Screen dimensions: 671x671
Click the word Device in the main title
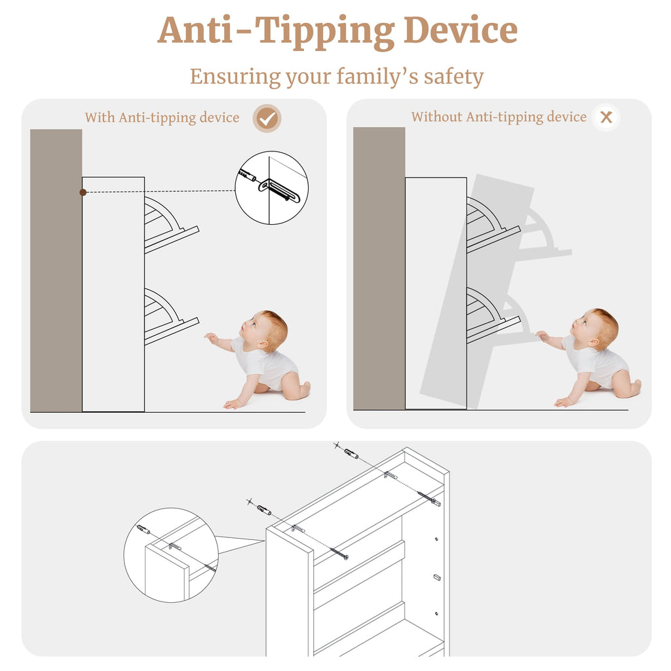click(460, 30)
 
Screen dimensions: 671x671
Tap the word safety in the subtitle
click(453, 77)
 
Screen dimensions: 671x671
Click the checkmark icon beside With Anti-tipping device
click(267, 118)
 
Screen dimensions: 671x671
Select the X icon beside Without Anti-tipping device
click(606, 117)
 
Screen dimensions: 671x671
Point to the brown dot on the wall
click(83, 193)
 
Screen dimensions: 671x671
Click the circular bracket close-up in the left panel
click(271, 187)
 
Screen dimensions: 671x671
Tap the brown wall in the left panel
click(56, 271)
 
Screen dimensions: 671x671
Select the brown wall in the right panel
click(379, 268)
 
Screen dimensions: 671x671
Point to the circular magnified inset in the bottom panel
click(171, 555)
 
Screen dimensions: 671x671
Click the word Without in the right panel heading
click(436, 117)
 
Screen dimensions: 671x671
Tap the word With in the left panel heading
click(100, 117)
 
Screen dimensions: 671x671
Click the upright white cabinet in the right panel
click(436, 293)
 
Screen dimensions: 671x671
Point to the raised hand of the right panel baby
click(542, 336)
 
